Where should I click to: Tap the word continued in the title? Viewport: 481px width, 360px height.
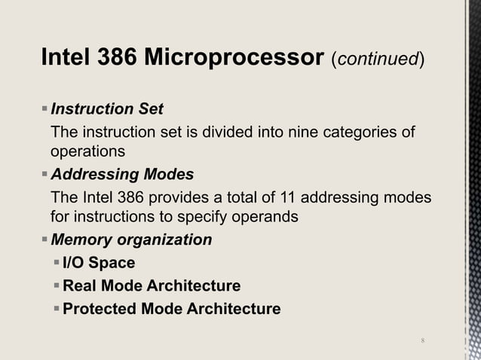[x=375, y=59]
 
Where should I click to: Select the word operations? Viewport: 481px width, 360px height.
[x=87, y=151]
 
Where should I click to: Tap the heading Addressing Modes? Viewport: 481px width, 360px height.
[x=121, y=175]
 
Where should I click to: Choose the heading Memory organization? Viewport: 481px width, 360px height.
[x=131, y=240]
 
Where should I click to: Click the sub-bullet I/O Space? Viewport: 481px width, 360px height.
[x=99, y=263]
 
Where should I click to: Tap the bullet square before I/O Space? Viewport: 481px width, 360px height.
[x=57, y=263]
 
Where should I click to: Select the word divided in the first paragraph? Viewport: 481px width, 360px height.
[x=217, y=134]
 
